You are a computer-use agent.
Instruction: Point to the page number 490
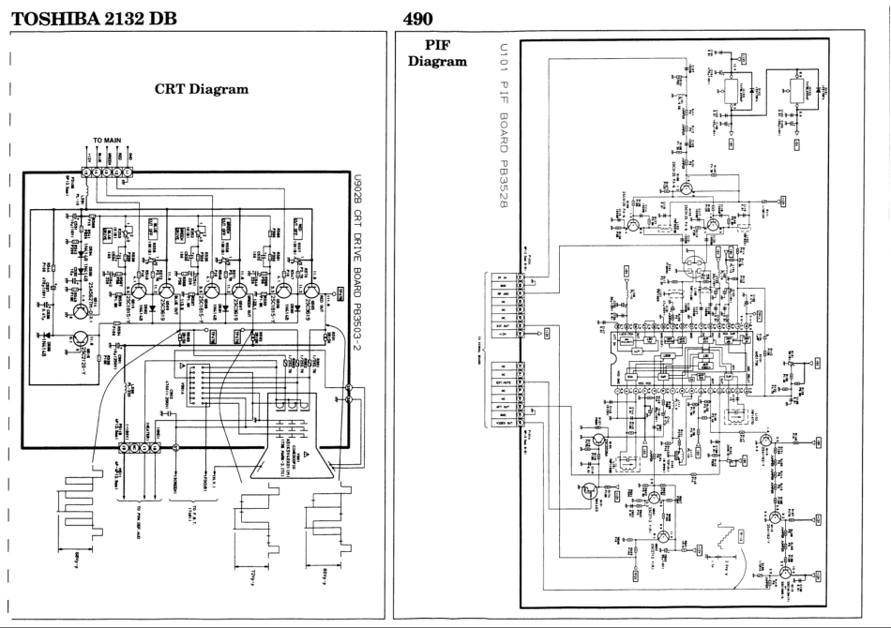point(416,18)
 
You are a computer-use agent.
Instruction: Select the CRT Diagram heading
point(200,90)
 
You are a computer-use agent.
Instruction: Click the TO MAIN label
point(111,140)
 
